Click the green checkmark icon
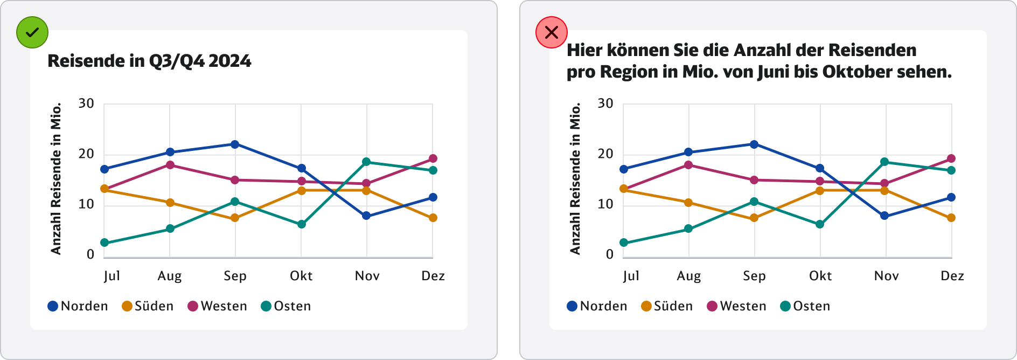point(32,32)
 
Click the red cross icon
point(551,32)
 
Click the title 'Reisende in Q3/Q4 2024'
point(149,61)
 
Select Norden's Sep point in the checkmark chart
point(235,144)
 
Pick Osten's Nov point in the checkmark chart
point(366,162)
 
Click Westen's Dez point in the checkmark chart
point(433,158)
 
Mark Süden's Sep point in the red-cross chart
point(754,218)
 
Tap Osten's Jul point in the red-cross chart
point(624,243)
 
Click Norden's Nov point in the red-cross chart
point(884,216)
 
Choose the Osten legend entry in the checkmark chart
point(286,306)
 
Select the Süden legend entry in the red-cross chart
point(667,306)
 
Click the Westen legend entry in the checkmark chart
point(217,306)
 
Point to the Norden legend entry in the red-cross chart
point(597,306)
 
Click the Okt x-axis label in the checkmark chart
point(301,276)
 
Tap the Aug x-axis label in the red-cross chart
point(689,276)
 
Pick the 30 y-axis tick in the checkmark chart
point(86,103)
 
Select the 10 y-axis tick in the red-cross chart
point(605,204)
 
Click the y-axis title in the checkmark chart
point(56,179)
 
